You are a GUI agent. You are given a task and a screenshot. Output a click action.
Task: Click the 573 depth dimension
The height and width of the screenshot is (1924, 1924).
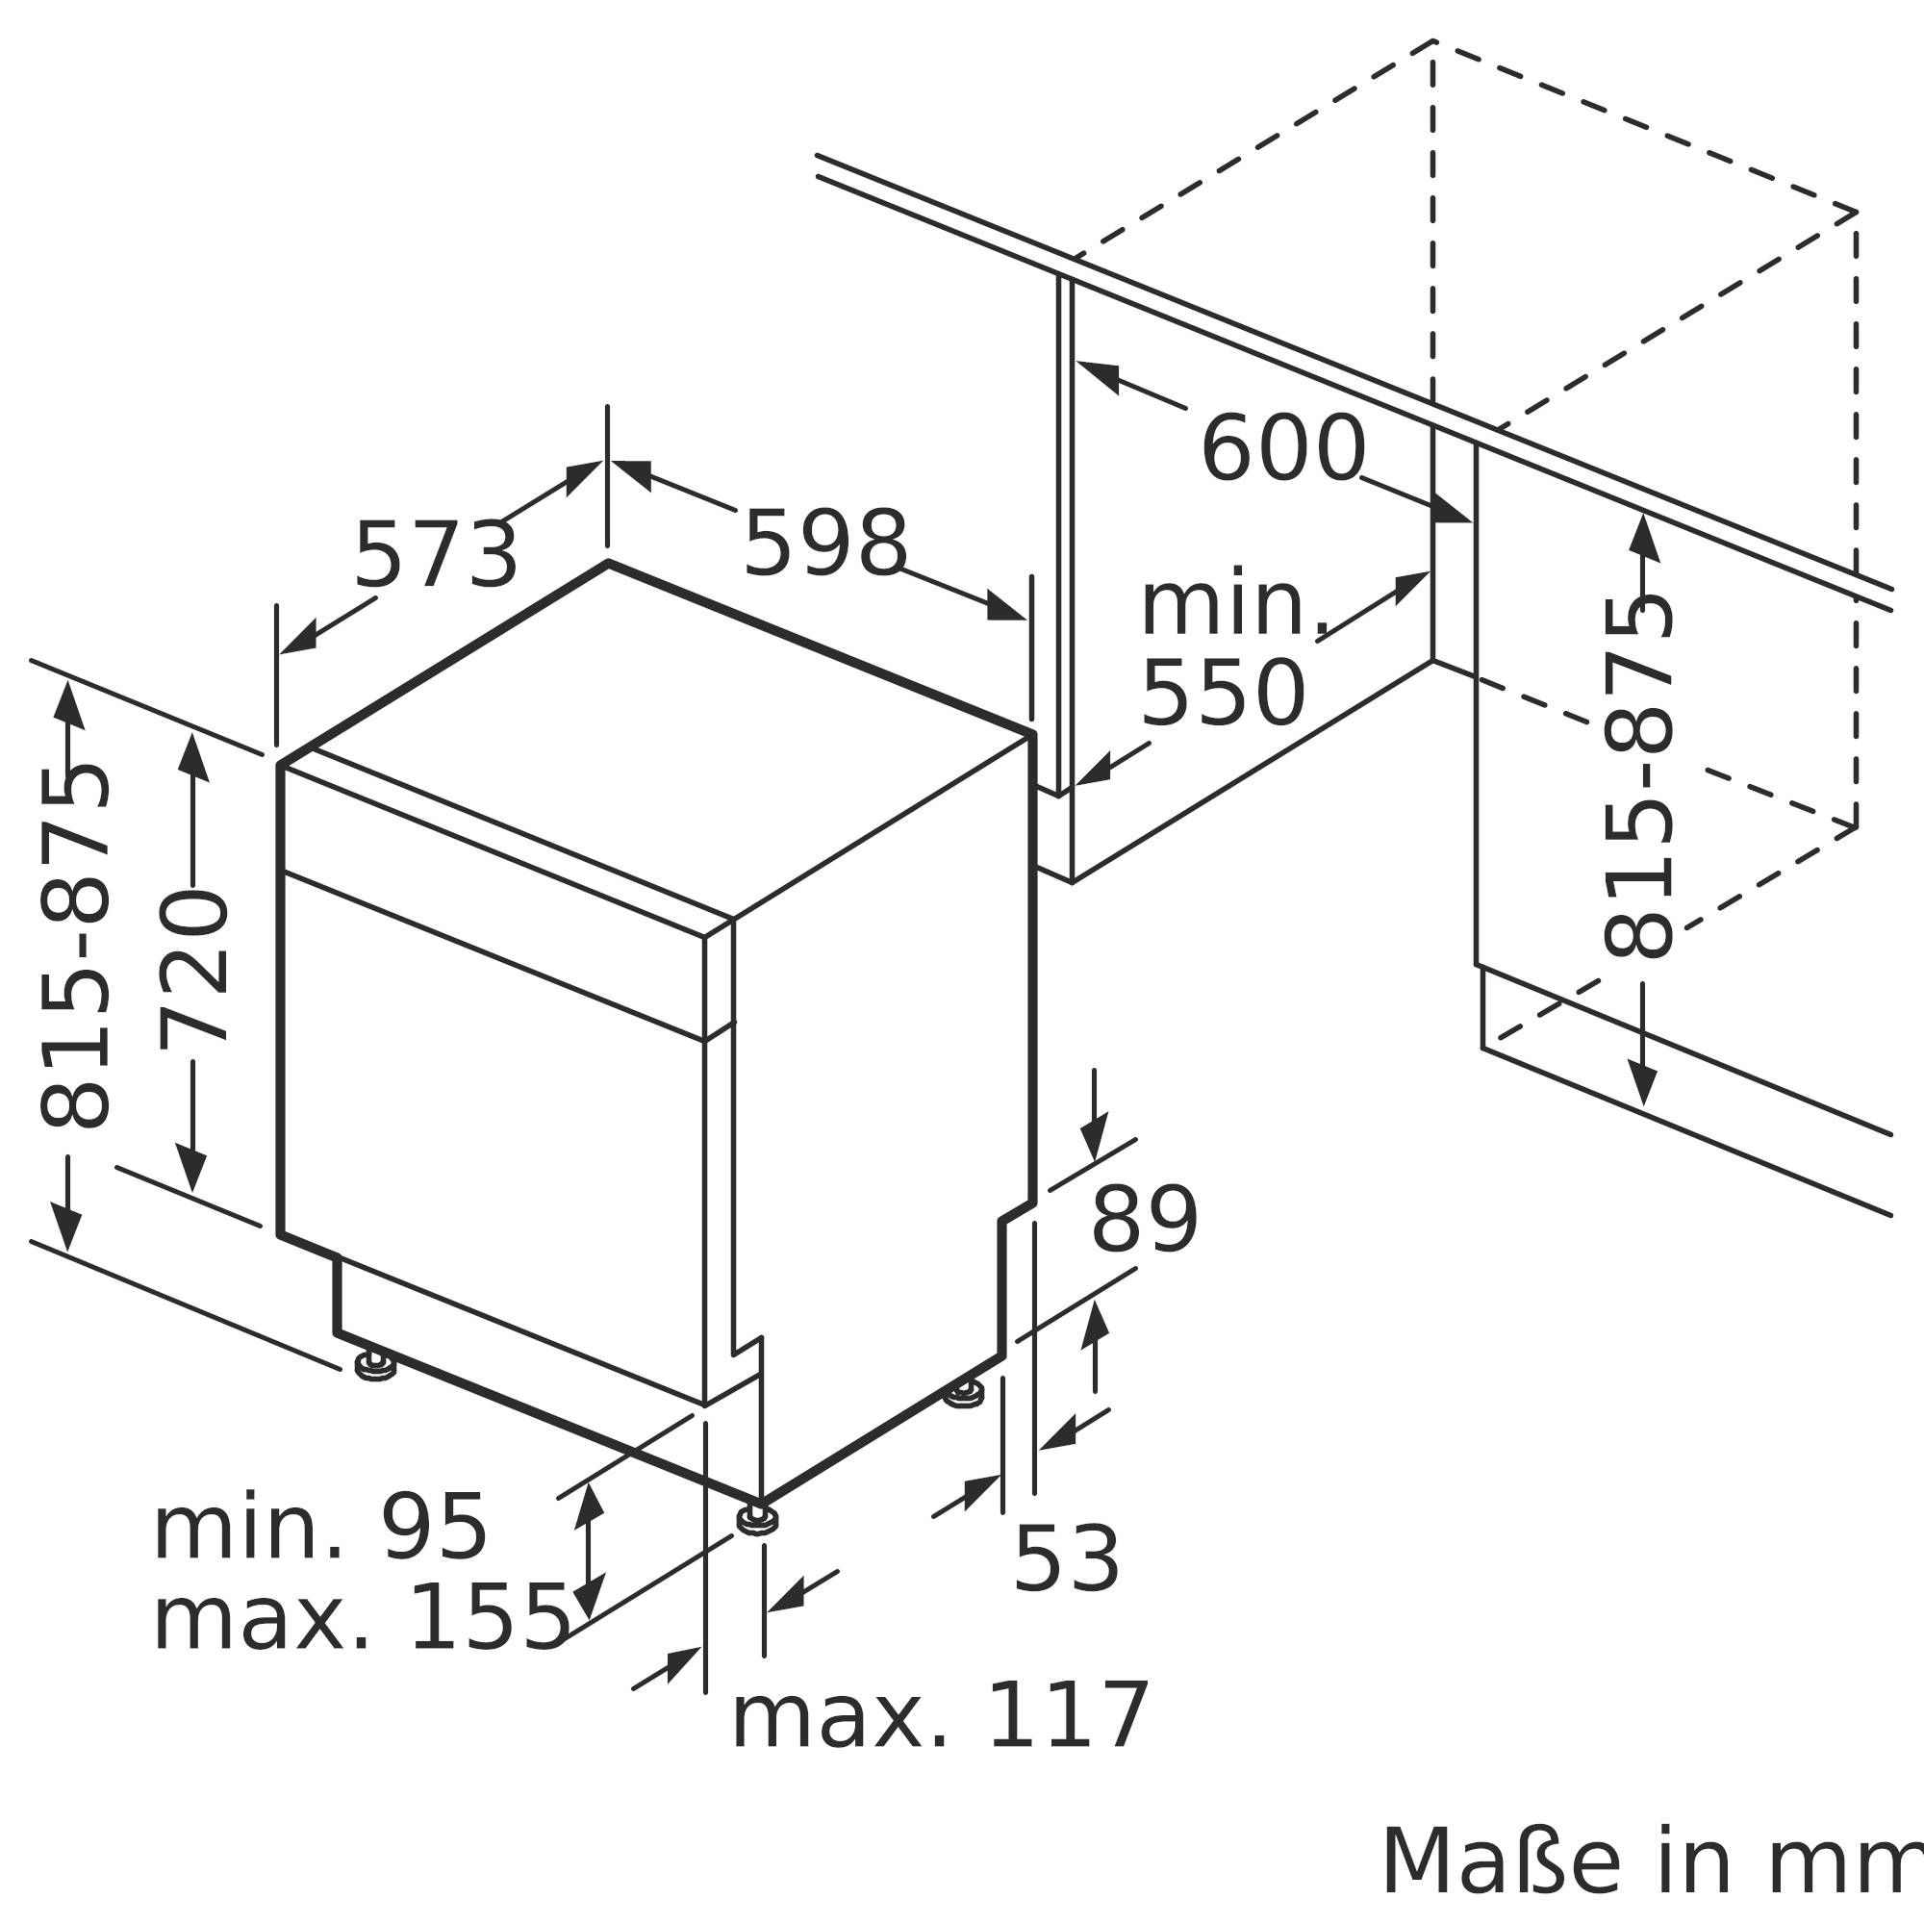[436, 556]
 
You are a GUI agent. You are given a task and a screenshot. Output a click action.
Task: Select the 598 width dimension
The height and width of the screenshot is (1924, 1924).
[825, 544]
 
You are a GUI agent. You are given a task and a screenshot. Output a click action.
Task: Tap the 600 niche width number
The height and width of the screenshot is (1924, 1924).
[1282, 450]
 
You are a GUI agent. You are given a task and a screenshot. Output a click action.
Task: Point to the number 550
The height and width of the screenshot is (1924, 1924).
[1223, 695]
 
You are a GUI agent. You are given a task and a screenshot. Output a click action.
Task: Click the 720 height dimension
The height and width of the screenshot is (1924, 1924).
[195, 969]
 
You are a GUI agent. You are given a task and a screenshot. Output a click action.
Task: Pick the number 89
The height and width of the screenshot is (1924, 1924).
[1144, 1221]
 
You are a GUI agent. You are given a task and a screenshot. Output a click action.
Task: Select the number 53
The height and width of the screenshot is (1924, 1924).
[1067, 1559]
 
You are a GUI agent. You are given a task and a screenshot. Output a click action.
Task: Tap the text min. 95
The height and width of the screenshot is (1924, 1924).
[319, 1557]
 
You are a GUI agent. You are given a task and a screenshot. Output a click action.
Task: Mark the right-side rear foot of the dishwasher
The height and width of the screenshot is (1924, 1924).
[963, 1393]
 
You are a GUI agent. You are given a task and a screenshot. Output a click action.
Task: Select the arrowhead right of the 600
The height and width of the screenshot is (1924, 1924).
[1451, 509]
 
